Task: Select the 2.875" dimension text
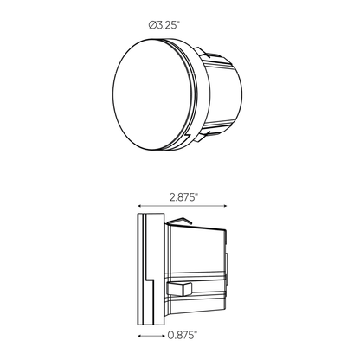pos(183,197)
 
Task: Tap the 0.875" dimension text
pos(182,335)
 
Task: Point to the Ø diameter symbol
pos(152,26)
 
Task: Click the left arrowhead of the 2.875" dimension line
pos(139,206)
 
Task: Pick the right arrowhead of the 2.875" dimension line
pos(225,206)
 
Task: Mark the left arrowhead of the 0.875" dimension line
pos(139,336)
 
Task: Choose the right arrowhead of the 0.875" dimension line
pos(163,336)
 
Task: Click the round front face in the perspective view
pos(152,94)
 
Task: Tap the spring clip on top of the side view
pos(179,221)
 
